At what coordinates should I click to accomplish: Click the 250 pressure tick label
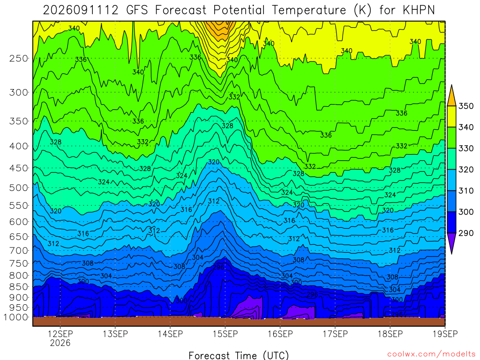pos(19,58)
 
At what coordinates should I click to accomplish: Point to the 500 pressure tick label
pos(19,187)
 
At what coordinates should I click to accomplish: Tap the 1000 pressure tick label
pos(16,317)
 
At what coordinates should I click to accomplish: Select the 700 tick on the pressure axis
pos(19,251)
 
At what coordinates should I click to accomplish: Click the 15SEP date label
pos(225,334)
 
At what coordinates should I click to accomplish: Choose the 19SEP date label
pos(445,334)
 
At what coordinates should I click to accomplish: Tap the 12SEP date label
pos(60,334)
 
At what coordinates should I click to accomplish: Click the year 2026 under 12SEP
pos(60,343)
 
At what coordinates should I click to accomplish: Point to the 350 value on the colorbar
pos(465,106)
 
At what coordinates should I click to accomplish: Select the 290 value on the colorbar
pos(465,233)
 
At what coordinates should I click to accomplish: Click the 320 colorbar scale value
pos(465,170)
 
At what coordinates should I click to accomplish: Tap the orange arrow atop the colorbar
pos(451,96)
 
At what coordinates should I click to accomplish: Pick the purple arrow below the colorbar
pos(451,243)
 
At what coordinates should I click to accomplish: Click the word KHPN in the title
pos(419,10)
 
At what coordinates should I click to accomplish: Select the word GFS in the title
pos(137,10)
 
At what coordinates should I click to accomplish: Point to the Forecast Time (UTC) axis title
pos(239,355)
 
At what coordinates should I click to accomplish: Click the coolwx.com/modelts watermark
pos(431,354)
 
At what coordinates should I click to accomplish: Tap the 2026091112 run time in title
pos(81,10)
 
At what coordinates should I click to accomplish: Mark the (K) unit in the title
pos(362,10)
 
